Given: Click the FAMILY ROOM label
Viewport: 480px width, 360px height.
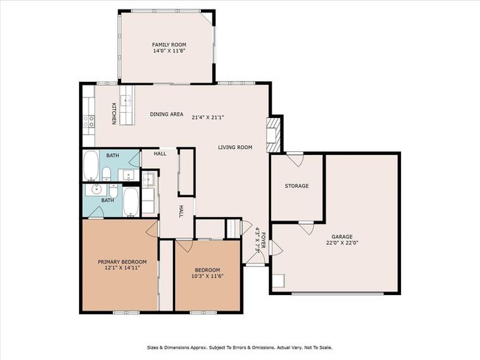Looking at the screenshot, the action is pyautogui.click(x=169, y=45).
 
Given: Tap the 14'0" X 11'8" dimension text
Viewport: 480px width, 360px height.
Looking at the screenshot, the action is pyautogui.click(x=169, y=51).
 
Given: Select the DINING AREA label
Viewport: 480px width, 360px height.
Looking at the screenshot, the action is pyautogui.click(x=167, y=114).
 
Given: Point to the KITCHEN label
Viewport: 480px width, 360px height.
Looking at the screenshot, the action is pyautogui.click(x=114, y=114).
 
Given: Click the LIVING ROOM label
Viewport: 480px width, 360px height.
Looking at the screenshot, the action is pyautogui.click(x=235, y=147).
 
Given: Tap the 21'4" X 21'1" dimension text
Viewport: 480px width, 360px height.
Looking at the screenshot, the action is pyautogui.click(x=208, y=117).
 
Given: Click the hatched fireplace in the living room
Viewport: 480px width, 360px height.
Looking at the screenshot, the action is pyautogui.click(x=273, y=134).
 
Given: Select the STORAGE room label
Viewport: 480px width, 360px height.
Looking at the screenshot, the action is pyautogui.click(x=297, y=186).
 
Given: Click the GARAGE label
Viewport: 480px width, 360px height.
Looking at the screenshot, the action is pyautogui.click(x=342, y=237).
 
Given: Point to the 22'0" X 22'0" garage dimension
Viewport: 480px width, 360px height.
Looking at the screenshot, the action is pyautogui.click(x=342, y=243).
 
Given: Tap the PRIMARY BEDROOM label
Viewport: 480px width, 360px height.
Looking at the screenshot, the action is pyautogui.click(x=122, y=262).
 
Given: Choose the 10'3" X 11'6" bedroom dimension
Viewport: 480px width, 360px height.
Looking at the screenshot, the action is pyautogui.click(x=208, y=276).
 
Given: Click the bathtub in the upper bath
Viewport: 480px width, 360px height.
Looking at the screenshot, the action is pyautogui.click(x=91, y=165).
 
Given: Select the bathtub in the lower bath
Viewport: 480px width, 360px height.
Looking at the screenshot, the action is pyautogui.click(x=131, y=202).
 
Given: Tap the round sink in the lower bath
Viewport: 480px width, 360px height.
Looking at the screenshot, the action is pyautogui.click(x=97, y=190).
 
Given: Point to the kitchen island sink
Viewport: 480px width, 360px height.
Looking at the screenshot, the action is pyautogui.click(x=126, y=100).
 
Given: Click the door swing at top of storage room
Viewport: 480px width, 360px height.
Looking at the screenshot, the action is pyautogui.click(x=296, y=159).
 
